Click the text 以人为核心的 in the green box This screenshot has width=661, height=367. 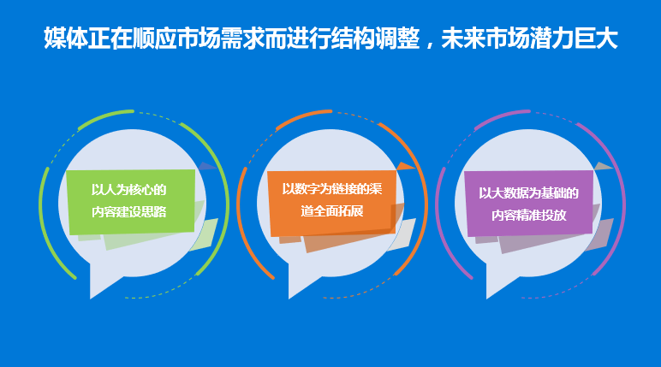tap(128, 190)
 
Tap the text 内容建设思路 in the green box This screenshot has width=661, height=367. tap(128, 211)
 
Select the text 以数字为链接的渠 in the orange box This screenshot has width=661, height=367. tap(331, 189)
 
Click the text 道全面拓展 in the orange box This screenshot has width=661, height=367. tap(331, 210)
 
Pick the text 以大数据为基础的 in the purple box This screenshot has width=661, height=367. tap(528, 193)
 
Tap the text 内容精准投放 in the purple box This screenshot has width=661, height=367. tap(528, 215)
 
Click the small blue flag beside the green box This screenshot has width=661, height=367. tap(206, 166)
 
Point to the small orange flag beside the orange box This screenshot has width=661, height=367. tap(405, 166)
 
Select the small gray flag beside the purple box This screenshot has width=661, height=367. tap(603, 166)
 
